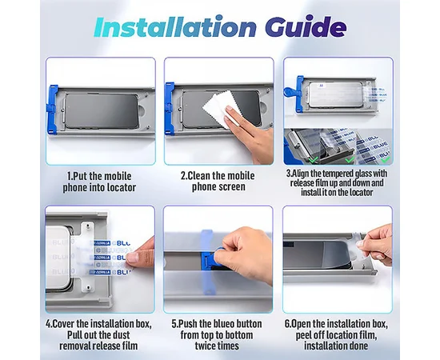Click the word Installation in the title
tap(175, 26)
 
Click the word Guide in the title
tap(306, 26)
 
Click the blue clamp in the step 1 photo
tap(53, 109)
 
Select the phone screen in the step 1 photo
tap(102, 111)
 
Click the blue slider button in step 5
tap(209, 258)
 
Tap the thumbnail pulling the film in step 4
tap(133, 257)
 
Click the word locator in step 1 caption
tap(119, 187)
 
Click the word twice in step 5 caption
tap(206, 346)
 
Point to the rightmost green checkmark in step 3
tap(386, 160)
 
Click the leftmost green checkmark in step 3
tap(313, 160)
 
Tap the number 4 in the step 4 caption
tap(48, 324)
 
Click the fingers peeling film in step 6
tap(375, 245)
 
